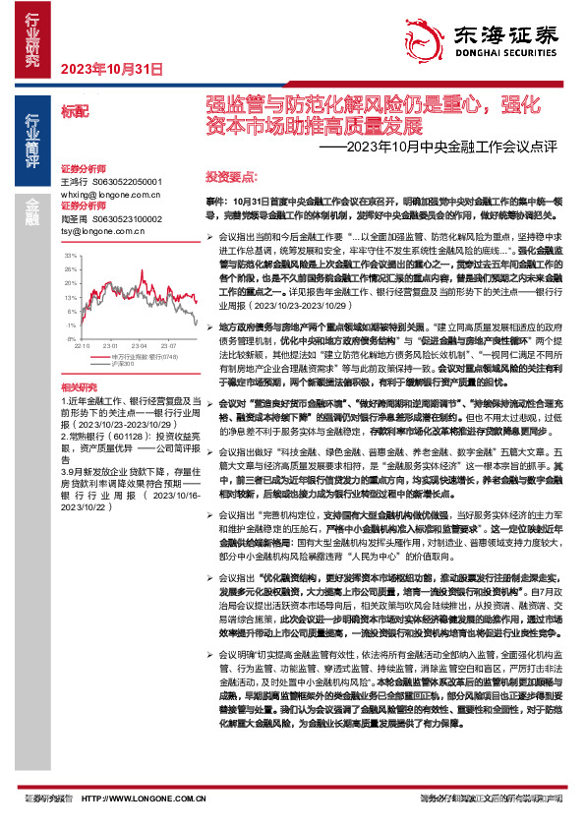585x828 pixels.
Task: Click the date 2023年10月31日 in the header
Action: [x=110, y=68]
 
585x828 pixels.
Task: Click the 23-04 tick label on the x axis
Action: [x=138, y=346]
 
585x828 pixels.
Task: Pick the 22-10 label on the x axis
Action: [x=82, y=346]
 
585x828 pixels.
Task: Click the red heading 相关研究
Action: [x=80, y=388]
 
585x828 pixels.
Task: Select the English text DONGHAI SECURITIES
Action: [x=499, y=54]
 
